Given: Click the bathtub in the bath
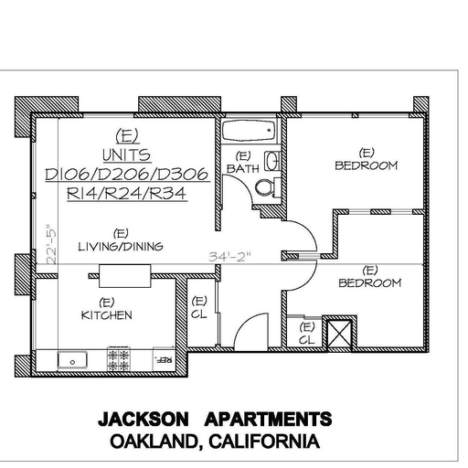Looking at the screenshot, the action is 249,131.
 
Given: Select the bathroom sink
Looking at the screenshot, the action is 271,161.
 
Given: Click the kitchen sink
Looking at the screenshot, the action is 72,360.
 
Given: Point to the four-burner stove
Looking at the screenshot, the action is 119,358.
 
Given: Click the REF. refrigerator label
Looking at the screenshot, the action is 164,360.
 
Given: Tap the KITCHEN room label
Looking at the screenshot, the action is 107,315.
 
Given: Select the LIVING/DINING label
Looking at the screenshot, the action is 121,246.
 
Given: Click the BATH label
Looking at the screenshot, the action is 243,168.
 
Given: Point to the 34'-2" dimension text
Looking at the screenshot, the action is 230,257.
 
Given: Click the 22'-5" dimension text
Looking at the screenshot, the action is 51,244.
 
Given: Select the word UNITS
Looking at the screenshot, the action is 127,155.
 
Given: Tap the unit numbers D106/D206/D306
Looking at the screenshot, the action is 127,175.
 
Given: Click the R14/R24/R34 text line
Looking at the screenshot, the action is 127,194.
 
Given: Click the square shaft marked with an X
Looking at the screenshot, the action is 339,334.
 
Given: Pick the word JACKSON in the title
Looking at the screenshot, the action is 144,419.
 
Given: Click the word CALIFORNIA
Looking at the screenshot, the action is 264,441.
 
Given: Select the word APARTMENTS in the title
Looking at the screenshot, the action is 268,419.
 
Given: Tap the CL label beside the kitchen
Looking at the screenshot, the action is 199,314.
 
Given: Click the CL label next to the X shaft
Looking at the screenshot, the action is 306,340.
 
